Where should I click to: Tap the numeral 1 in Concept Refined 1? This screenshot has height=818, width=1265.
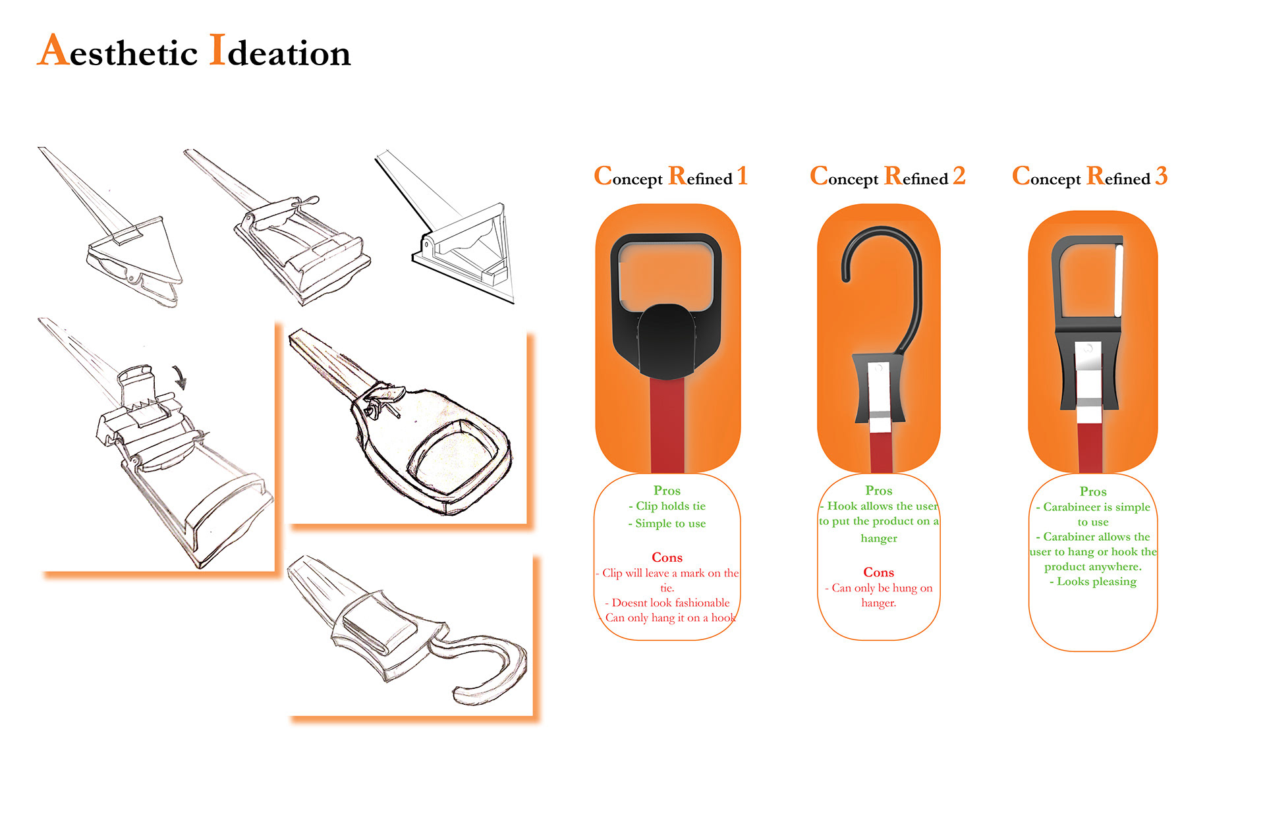[x=742, y=176]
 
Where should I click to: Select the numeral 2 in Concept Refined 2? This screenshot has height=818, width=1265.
[x=959, y=176]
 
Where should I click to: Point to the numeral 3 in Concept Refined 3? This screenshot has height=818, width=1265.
[x=1161, y=176]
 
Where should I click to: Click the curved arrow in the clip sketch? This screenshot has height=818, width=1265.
[x=179, y=377]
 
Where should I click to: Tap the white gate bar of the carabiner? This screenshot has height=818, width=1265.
[x=1118, y=280]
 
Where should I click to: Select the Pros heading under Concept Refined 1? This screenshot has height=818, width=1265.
[x=667, y=491]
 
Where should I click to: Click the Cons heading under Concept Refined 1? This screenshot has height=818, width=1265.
[x=667, y=558]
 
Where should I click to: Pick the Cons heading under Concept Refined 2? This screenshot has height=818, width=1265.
[x=878, y=572]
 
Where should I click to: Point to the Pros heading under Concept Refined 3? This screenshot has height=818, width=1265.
[x=1093, y=492]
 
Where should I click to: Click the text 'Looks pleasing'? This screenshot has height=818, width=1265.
[x=1096, y=582]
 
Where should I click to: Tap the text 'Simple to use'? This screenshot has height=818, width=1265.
[x=670, y=524]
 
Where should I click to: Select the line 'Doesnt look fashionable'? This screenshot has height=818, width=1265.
[x=670, y=603]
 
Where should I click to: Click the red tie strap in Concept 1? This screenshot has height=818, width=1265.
[x=667, y=425]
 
